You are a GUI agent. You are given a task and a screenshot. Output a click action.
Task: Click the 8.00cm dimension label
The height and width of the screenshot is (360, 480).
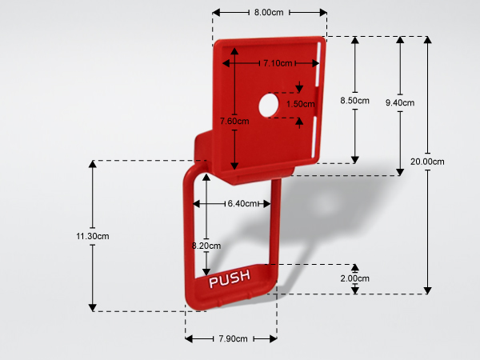[x=269, y=13]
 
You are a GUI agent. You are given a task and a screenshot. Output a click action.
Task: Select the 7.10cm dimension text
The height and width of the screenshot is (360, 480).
[x=278, y=63]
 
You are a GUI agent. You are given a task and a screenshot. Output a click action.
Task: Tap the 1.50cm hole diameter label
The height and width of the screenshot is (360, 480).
[x=300, y=104]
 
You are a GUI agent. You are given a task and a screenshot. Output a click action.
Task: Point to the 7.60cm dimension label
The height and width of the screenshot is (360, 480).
[x=234, y=122]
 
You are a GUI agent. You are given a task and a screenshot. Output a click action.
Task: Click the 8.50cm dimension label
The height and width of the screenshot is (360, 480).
[x=354, y=101]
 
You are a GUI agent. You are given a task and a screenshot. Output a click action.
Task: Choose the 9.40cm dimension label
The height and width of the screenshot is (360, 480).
[x=400, y=103]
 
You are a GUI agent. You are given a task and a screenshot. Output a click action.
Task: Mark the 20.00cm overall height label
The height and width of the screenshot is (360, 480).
[x=427, y=162]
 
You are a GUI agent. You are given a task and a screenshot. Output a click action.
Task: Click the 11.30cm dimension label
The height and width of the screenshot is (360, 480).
[x=93, y=236]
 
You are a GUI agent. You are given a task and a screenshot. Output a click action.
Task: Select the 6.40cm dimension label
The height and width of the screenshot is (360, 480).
[x=242, y=203]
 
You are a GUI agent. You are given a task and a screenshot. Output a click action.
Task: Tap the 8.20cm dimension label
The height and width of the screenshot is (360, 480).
[x=206, y=246]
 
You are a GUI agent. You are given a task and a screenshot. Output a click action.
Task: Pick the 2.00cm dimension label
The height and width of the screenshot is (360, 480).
[x=354, y=278]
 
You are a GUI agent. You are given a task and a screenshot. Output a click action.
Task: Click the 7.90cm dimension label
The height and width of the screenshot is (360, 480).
[x=233, y=339]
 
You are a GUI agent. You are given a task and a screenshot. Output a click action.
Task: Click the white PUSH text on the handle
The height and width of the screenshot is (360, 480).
[x=230, y=278]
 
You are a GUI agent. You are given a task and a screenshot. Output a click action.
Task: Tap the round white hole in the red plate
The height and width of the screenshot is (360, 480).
[x=269, y=106]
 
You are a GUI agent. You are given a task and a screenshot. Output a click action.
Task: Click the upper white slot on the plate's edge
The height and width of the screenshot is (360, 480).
[x=318, y=65]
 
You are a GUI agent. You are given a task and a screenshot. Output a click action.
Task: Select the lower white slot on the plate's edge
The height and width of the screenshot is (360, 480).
[x=314, y=137]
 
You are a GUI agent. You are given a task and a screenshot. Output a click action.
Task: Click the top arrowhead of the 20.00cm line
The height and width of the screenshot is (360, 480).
[x=428, y=39]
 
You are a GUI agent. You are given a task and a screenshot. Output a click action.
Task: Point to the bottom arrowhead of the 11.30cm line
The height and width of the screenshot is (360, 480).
[x=93, y=308]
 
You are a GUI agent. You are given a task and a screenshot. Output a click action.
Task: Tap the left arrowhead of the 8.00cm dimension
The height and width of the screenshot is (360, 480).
[x=216, y=13]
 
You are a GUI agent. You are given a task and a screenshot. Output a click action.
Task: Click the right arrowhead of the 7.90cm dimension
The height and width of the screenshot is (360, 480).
[x=274, y=339]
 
